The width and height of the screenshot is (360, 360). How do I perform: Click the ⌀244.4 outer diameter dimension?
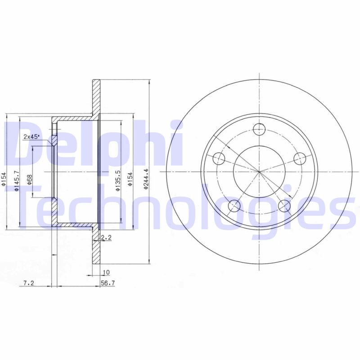click(146, 180)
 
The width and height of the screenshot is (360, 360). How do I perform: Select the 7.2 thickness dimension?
click(28, 283)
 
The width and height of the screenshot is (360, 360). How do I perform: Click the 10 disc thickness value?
click(106, 272)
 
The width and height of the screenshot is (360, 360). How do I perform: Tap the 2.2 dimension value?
click(106, 237)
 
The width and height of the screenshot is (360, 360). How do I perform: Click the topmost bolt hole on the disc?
click(259, 130)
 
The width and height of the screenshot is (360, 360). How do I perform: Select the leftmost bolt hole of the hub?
click(218, 158)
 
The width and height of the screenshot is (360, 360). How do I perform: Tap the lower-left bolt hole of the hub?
click(234, 206)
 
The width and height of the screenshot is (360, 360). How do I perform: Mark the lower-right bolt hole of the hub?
click(284, 206)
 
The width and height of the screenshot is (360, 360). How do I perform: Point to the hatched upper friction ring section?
click(96, 97)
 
